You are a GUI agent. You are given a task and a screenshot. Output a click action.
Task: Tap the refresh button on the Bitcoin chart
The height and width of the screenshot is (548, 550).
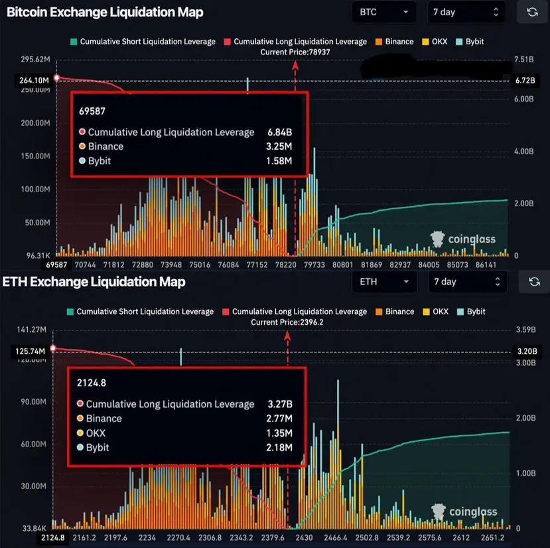point(532,12)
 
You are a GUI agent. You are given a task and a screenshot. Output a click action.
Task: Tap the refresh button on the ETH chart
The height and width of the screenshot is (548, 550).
point(534,282)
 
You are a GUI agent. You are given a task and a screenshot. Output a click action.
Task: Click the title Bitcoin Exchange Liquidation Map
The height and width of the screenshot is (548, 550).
point(105,12)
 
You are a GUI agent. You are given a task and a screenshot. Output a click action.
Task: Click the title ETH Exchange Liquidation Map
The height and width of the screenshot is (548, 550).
point(94,282)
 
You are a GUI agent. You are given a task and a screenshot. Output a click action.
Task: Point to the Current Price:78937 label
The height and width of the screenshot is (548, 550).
point(296,51)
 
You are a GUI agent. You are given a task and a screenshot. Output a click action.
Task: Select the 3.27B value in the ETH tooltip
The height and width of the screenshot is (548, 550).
point(279,404)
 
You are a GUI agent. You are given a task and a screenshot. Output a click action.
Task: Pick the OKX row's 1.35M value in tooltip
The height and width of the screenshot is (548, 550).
point(279,433)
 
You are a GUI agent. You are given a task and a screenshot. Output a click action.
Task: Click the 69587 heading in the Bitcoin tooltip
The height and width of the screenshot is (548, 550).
point(92,112)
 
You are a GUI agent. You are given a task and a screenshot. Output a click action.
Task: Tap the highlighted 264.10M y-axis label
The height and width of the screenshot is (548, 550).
point(32,80)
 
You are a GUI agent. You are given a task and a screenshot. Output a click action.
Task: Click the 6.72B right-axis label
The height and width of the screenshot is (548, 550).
point(524,80)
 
